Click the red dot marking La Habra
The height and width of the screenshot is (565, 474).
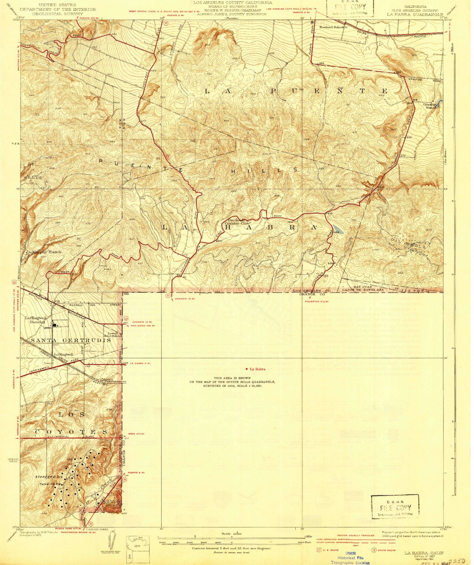pos(247,369)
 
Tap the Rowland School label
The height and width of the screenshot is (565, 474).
pos(332,27)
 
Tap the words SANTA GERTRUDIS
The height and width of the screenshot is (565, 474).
pos(71,340)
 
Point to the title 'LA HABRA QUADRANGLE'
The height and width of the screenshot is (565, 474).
pos(415,14)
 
